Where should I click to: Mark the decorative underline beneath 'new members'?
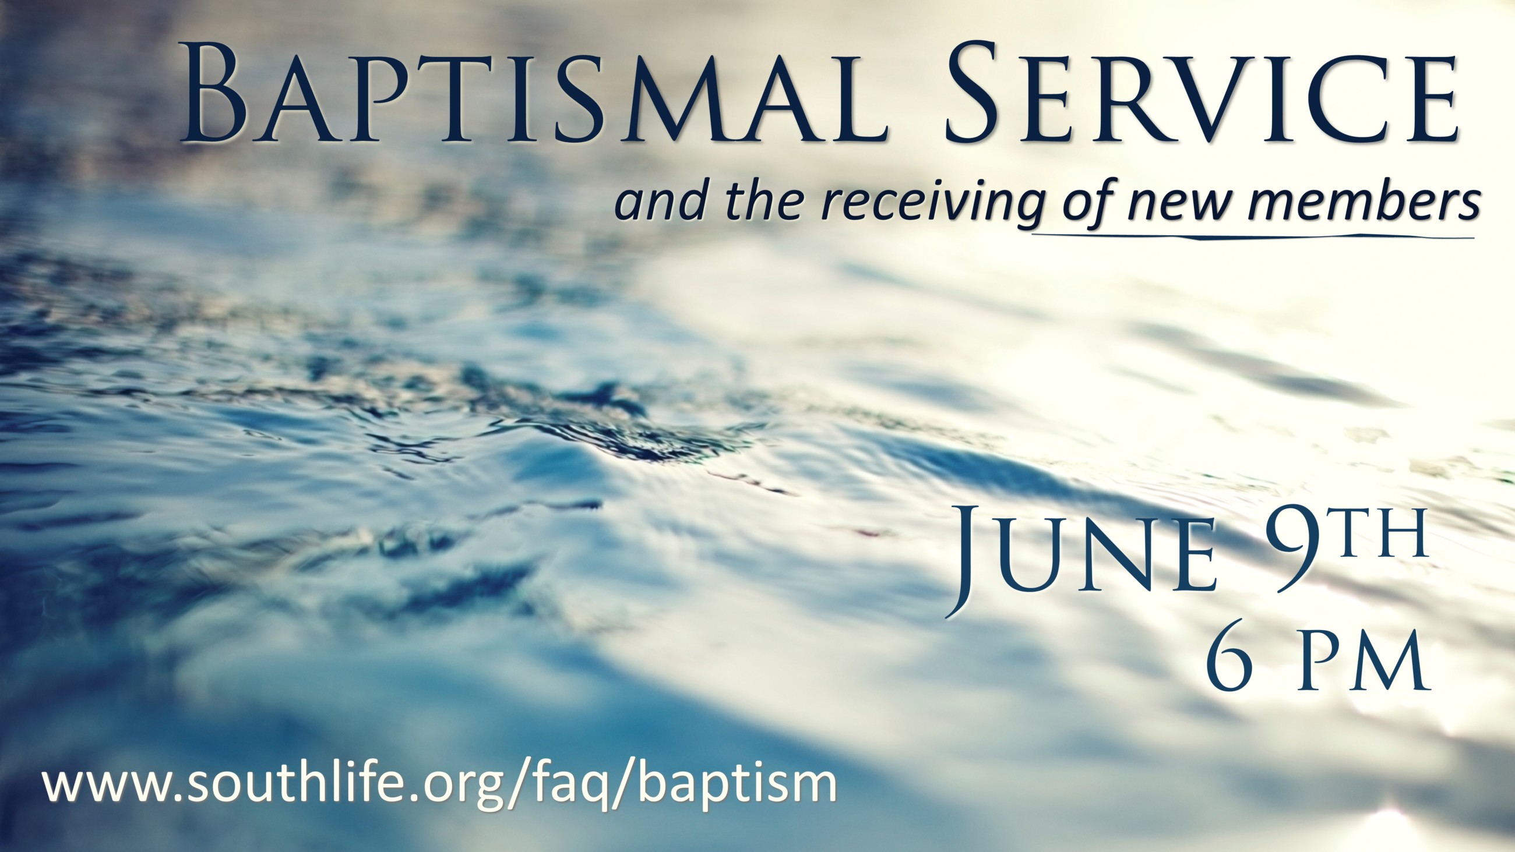coord(1253,237)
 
